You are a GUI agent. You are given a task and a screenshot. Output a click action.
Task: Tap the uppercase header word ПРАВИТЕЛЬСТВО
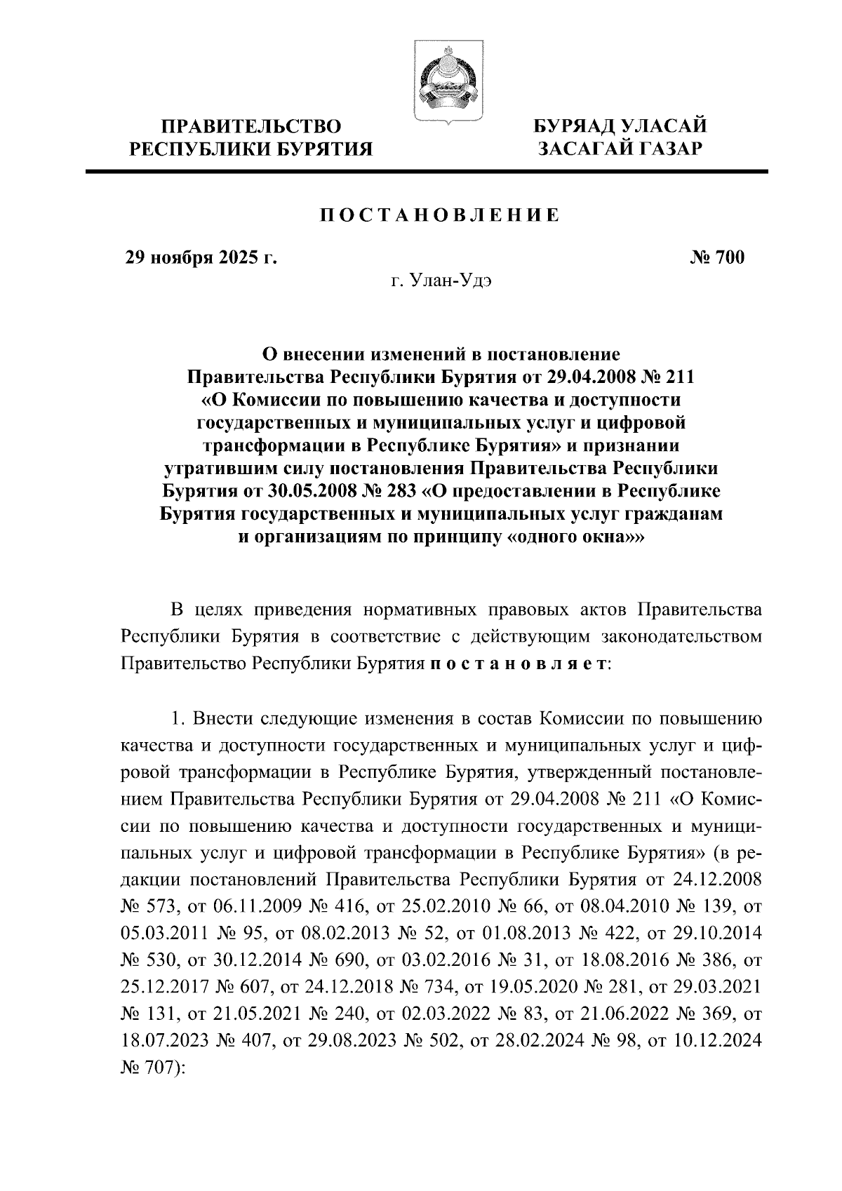(252, 127)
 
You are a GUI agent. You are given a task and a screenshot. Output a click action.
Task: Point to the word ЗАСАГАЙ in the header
(587, 149)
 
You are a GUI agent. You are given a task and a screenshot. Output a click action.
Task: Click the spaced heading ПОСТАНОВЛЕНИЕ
(440, 215)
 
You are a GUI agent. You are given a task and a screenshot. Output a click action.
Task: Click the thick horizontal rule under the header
(427, 172)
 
